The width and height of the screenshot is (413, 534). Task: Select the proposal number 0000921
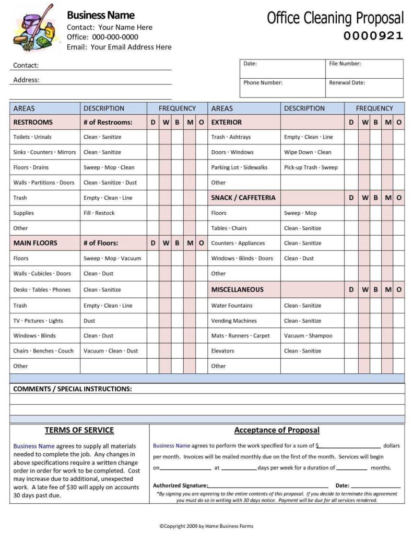pos(373,36)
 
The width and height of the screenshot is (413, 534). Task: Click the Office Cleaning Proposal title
pos(335,18)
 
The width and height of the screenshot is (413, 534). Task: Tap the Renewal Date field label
pos(347,82)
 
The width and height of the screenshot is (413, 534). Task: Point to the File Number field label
pos(345,64)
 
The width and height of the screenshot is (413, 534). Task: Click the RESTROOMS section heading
pos(33,122)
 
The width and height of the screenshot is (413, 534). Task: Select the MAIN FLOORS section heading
pos(35,243)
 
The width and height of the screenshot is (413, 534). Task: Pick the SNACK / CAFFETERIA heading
pos(243,198)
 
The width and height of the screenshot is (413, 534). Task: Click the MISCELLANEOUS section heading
pos(237,289)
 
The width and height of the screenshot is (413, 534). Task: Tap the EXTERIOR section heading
pos(226,122)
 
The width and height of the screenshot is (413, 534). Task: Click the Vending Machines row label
pos(234,321)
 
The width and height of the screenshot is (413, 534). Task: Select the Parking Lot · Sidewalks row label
pos(239,167)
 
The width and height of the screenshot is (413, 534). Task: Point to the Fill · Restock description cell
pos(99,213)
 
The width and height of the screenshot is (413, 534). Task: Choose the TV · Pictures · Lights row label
pos(38,321)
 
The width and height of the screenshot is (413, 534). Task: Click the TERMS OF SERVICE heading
pos(79,430)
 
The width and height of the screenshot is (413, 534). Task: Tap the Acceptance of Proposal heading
pos(277,430)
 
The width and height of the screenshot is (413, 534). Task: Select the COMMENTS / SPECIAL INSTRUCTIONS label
pos(72,389)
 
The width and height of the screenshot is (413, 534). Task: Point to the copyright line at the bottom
pos(206,526)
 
